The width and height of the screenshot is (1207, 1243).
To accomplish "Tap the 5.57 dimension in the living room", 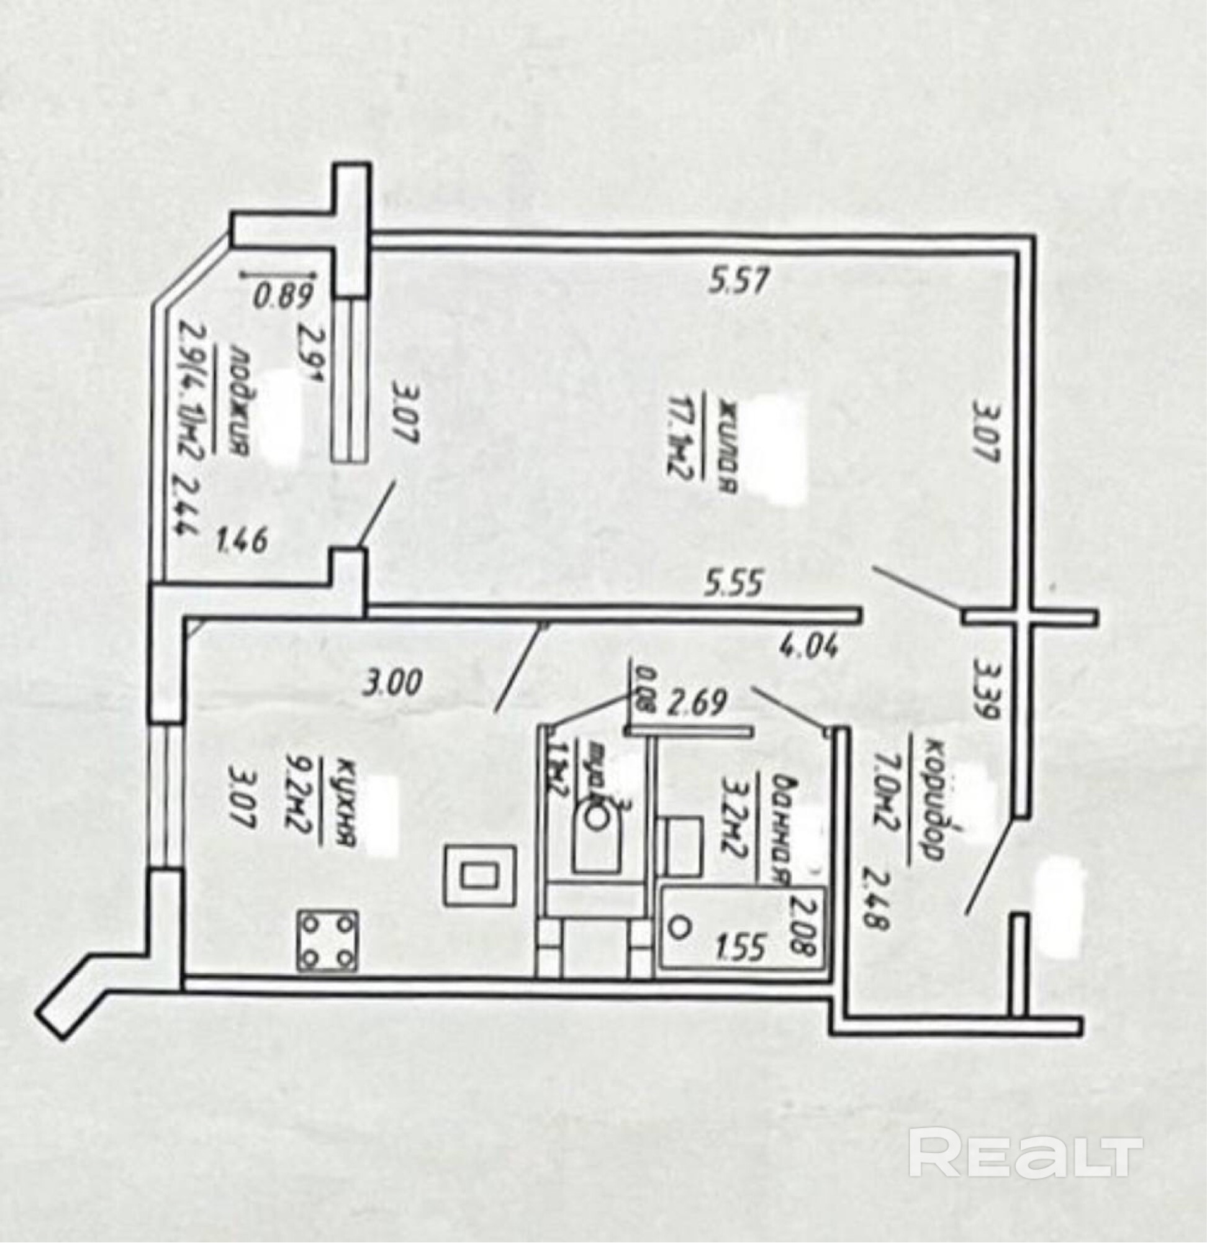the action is [739, 280].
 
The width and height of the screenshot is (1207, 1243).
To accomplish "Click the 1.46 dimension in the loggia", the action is [242, 542].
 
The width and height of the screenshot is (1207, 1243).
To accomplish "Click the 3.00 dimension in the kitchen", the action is [391, 684].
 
